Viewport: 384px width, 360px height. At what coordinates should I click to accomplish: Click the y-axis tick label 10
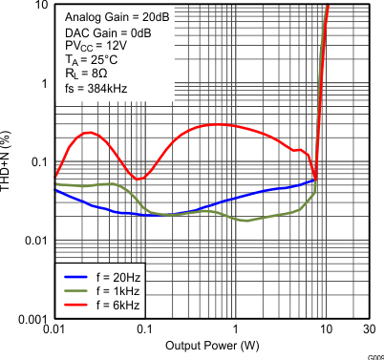tap(39, 6)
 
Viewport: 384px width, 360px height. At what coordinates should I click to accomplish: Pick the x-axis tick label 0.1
tap(143, 329)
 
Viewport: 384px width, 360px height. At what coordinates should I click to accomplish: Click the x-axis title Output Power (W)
tap(211, 346)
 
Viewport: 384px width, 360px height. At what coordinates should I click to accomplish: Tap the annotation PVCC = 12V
tap(93, 46)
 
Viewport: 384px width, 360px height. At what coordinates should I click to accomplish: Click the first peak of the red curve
tap(88, 133)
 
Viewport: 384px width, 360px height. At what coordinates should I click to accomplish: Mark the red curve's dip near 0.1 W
tap(139, 179)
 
